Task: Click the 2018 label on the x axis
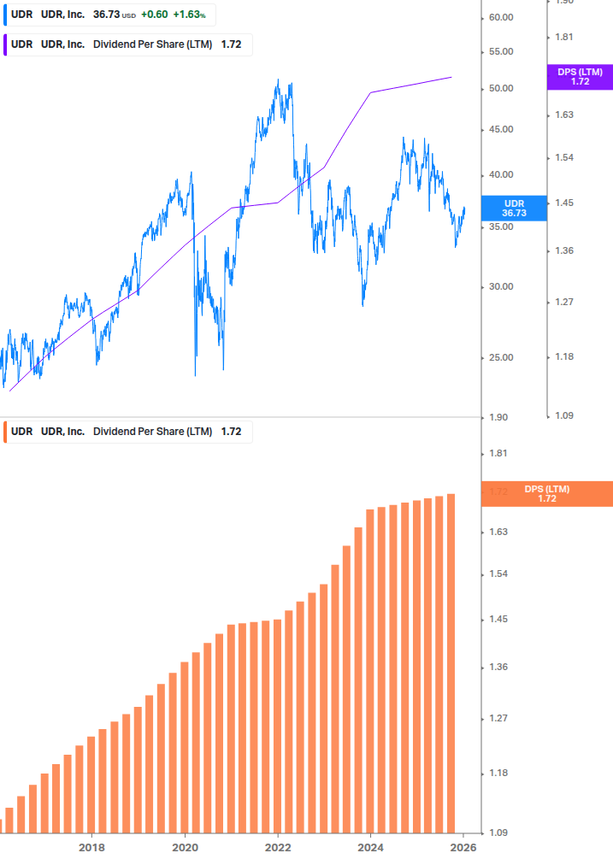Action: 91,847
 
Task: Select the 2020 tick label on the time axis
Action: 185,847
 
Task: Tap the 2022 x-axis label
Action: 278,847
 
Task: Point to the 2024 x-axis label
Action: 371,847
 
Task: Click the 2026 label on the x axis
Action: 463,847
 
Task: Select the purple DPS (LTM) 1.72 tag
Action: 580,77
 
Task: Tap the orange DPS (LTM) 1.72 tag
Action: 547,493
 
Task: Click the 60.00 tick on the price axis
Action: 501,18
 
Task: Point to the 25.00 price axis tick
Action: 501,357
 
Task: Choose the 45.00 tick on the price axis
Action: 501,130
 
